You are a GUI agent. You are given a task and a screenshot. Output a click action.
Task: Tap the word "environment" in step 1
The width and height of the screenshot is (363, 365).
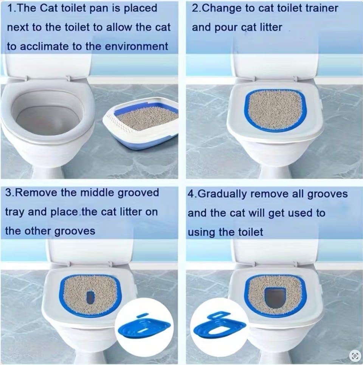point(137,46)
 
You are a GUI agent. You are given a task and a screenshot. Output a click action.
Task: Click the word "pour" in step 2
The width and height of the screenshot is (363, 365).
point(225,28)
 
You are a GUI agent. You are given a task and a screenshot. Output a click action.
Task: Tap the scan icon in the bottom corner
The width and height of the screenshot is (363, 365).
point(354,356)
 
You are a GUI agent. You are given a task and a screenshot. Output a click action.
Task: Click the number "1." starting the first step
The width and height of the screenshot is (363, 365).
point(12,8)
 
